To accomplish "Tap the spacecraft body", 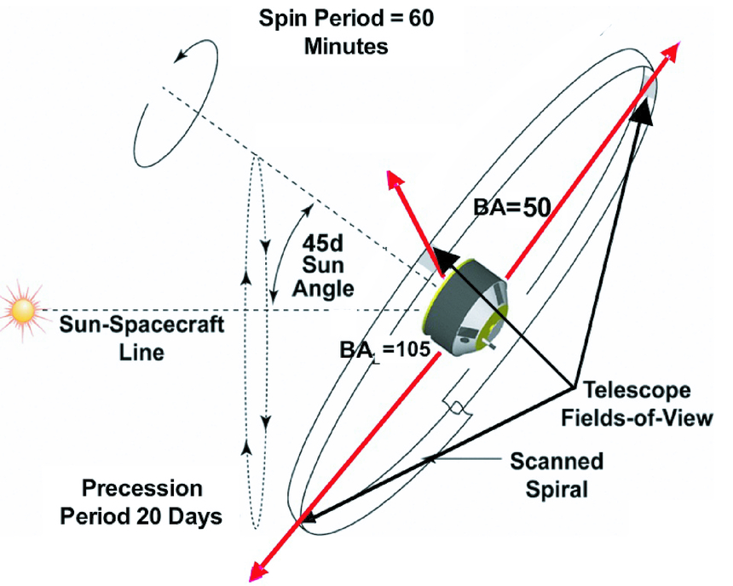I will pos(465,312).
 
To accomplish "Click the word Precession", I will pos(142,489).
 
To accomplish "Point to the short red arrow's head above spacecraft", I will pos(394,180).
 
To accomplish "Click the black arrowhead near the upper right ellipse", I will pos(645,109).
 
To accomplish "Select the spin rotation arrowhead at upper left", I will pos(179,55).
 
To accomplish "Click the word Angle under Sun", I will pos(323,288).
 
